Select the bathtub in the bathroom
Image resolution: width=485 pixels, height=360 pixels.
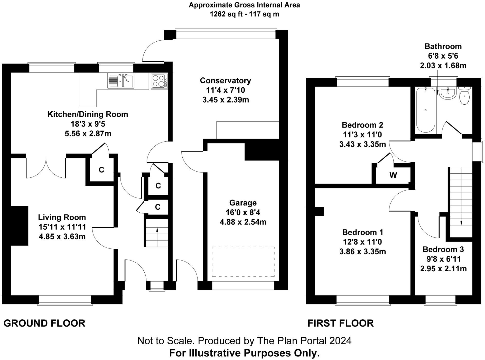point(426,110)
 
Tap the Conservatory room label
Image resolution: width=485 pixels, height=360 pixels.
point(225,81)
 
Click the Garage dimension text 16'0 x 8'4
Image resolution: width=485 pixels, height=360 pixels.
point(243,212)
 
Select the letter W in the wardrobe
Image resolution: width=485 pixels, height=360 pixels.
point(393,175)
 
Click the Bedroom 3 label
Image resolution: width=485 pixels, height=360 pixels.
point(443,249)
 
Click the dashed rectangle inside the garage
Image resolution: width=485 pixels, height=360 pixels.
point(243,262)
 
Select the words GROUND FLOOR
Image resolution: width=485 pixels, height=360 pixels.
point(44,323)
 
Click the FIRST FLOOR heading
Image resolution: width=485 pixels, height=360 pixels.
point(341,323)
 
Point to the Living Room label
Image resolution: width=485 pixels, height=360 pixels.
point(62,217)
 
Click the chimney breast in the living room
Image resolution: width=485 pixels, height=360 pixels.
point(19,226)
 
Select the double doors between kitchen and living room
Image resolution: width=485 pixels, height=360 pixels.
point(46,167)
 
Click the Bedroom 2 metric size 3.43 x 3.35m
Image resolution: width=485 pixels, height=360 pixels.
point(362,144)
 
